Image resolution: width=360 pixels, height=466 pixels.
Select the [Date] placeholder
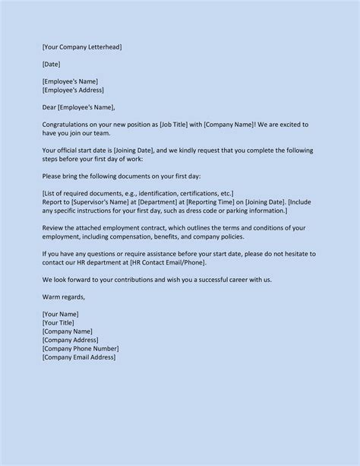[52, 64]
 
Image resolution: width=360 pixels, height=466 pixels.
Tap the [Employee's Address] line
[73, 90]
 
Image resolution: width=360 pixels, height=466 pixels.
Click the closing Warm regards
[65, 296]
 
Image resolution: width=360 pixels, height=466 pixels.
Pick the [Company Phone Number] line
[81, 348]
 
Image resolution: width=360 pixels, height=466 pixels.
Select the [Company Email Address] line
[79, 357]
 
